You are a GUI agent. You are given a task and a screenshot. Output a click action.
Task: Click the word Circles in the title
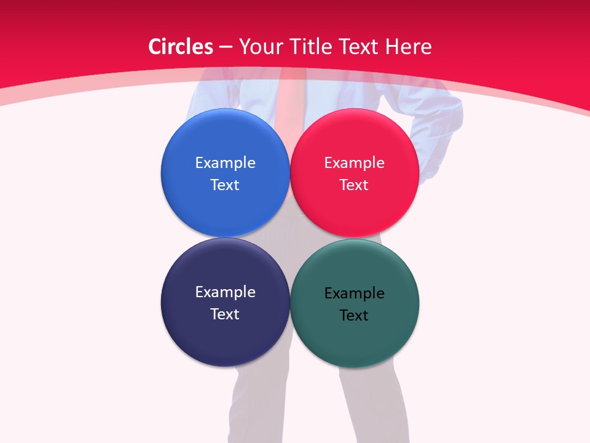pos(181,47)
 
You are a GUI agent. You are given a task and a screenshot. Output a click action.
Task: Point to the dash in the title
pos(225,47)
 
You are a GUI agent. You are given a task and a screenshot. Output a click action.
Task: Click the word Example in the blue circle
pos(225,163)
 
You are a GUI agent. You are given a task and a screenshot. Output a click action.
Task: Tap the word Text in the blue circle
pos(225,185)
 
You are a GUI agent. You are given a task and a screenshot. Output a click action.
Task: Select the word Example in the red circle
pos(354,163)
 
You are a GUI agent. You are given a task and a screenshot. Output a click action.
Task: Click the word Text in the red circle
pos(354,185)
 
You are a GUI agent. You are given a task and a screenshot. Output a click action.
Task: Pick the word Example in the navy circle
pos(225,292)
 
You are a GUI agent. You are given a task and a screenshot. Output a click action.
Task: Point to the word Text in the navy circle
pos(225,314)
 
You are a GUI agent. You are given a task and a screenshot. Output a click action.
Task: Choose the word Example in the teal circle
pos(354,293)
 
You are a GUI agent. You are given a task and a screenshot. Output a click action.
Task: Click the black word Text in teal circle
pos(354,316)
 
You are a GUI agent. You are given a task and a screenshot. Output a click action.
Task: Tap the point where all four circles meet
pos(289,237)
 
